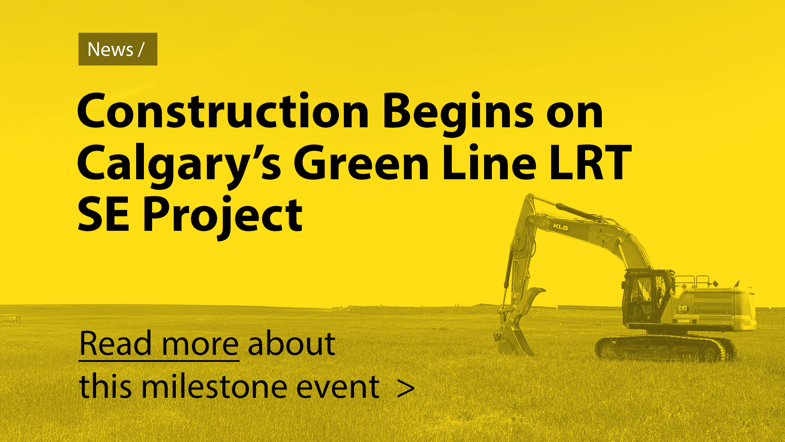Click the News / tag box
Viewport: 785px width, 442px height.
[118, 49]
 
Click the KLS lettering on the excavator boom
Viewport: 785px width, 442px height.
[560, 227]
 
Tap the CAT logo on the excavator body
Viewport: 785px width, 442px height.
[683, 308]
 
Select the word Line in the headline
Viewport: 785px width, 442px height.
[489, 164]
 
